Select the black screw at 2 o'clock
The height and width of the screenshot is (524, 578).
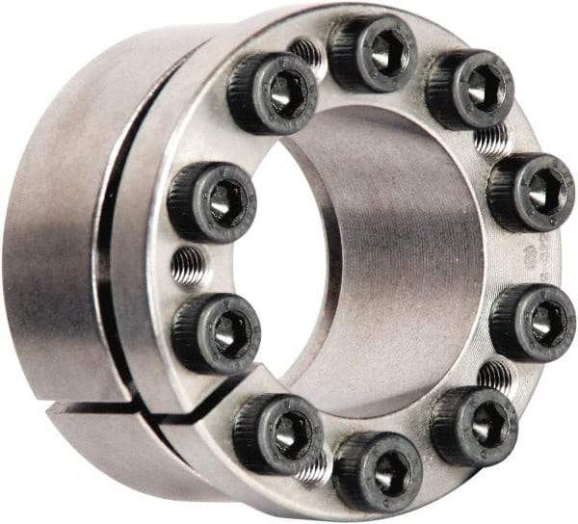click(530, 194)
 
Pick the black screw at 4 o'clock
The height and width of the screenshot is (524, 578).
click(532, 321)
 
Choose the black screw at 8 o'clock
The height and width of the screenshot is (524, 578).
click(217, 332)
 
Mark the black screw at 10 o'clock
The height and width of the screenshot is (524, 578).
click(212, 201)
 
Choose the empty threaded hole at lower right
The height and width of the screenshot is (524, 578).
click(495, 373)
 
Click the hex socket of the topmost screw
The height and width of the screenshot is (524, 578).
click(379, 51)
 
